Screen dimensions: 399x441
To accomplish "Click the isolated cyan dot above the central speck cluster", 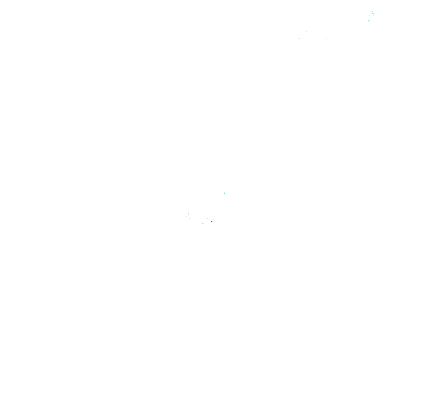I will coord(224,193).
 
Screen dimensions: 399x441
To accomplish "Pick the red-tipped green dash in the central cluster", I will coord(212,221).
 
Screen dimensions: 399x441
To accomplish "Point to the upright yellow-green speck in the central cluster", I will coord(189,218).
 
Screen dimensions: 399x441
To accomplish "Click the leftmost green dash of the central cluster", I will coord(186,217).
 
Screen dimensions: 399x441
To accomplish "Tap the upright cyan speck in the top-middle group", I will coord(307,32).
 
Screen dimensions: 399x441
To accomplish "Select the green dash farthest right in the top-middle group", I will coord(326,38).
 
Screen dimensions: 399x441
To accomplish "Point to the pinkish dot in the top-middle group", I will coord(301,37).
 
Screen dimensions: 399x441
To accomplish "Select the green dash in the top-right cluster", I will coord(373,13).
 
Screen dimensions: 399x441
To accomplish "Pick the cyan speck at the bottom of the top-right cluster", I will coord(369,21).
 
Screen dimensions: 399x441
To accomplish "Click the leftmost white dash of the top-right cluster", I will coord(370,15).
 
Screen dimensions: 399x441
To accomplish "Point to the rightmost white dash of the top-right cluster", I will coord(375,11).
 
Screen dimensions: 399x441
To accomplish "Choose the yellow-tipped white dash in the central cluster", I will coord(212,219).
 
